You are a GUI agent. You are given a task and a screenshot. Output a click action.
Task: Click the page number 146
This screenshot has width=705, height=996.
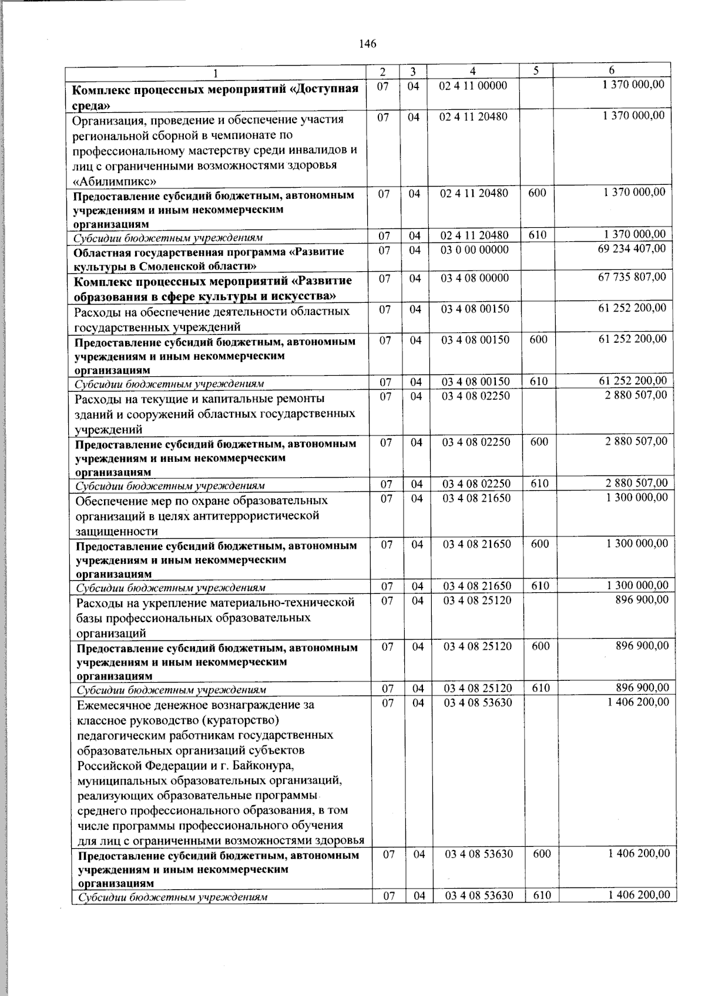[x=367, y=44]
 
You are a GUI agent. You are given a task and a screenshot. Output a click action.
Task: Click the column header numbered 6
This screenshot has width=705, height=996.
[x=611, y=70]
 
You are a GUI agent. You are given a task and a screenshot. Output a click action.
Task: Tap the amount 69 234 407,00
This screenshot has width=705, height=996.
[x=632, y=249]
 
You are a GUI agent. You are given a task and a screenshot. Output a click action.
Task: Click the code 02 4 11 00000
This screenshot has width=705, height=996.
[x=473, y=86]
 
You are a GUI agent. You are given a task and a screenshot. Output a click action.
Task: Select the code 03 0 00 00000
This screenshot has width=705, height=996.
[x=475, y=250]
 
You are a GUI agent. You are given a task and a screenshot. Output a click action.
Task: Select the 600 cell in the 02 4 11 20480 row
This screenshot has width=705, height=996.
[x=537, y=193]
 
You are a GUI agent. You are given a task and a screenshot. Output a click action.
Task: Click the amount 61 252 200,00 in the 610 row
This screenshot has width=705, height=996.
[x=632, y=381]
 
